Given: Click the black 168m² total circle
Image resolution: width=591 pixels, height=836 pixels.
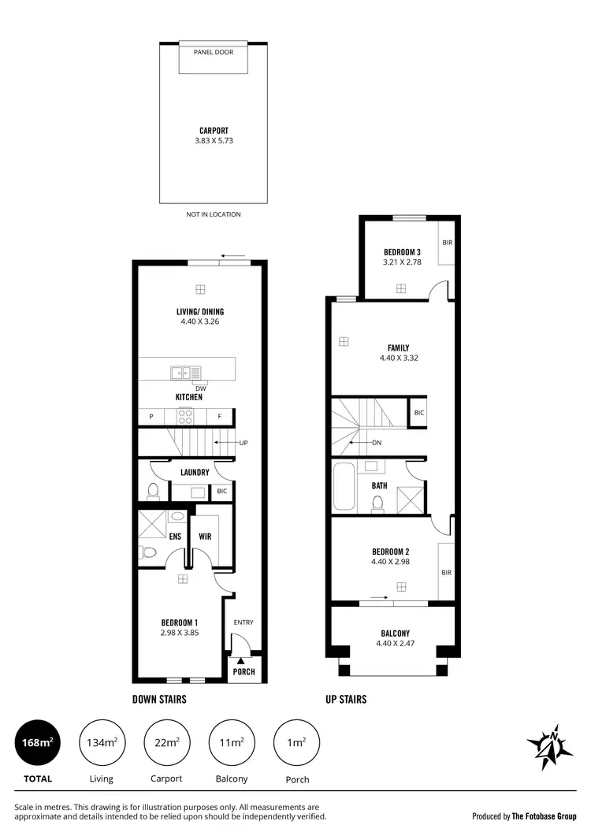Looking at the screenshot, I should [x=37, y=741].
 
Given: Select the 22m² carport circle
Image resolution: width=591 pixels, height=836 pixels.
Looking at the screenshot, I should [x=166, y=741].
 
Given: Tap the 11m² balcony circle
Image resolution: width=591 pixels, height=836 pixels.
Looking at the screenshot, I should [x=230, y=741].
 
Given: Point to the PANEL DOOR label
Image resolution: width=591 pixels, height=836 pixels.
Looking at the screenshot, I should [x=214, y=52].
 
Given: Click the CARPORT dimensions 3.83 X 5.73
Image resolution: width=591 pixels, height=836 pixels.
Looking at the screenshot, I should [x=214, y=141].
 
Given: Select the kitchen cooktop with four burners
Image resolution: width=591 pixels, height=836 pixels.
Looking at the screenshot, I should [x=190, y=417].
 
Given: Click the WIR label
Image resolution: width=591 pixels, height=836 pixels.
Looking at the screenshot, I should [x=205, y=537].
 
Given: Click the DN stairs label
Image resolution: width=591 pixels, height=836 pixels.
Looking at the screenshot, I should [x=377, y=443].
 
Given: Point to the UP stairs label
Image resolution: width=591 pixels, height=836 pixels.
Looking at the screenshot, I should [x=243, y=443].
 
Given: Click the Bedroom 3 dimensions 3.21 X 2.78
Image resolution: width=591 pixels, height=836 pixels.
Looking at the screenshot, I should [x=402, y=262].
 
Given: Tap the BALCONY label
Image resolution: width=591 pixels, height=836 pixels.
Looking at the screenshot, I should [x=393, y=634].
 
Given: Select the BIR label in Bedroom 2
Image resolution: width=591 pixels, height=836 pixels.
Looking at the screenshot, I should [x=446, y=572].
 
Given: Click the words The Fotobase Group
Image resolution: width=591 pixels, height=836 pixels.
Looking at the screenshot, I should [x=545, y=816].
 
